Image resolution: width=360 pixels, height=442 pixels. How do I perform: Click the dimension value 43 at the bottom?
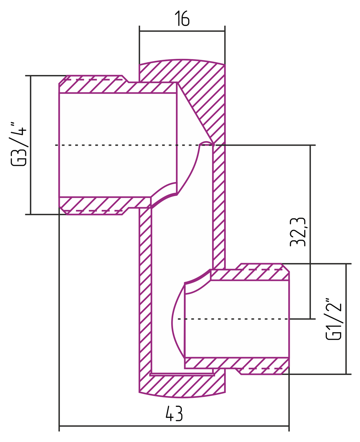pos(174,413)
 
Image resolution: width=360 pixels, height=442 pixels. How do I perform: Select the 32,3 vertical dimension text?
pos(298,232)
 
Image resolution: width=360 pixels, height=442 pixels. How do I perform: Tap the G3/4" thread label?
pos(18,144)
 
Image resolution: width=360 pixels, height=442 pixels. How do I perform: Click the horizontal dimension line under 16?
pos(182,31)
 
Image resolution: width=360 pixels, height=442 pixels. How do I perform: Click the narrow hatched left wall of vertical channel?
pos(145,294)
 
